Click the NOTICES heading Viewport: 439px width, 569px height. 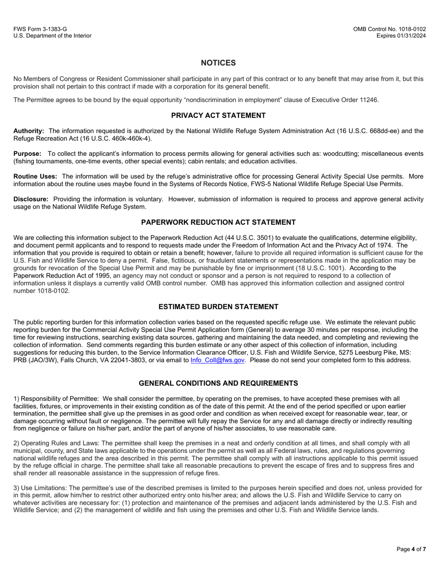click(x=218, y=63)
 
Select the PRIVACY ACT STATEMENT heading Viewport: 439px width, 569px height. click(x=218, y=116)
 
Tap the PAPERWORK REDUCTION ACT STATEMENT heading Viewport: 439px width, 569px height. click(x=218, y=223)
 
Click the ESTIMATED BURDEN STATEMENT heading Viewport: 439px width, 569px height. click(x=218, y=307)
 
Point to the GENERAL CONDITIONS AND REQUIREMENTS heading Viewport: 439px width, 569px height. click(x=218, y=383)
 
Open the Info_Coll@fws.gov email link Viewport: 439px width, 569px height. click(x=217, y=360)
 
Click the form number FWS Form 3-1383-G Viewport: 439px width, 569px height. click(x=40, y=29)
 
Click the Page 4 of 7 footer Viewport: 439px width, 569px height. click(x=411, y=549)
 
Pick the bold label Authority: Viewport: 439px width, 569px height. click(x=29, y=131)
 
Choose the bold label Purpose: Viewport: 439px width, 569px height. click(x=27, y=154)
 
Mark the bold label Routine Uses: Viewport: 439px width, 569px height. click(x=35, y=176)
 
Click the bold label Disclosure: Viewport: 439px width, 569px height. click(x=31, y=199)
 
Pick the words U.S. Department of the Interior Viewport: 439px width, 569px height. click(x=52, y=36)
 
